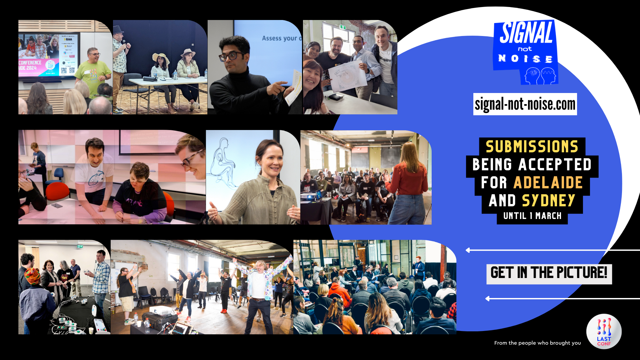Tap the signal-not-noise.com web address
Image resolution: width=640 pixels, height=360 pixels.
coord(525,104)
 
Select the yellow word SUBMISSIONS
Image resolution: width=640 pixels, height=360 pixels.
coord(532,147)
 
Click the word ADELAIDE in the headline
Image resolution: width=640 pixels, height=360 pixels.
coord(548,183)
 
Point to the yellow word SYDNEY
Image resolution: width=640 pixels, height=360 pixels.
coord(548,201)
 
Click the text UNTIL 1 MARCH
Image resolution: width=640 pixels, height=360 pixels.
coord(532,216)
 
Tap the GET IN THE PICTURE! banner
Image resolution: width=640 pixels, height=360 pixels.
coord(549,273)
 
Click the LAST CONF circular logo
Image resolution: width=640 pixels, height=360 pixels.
coord(604,331)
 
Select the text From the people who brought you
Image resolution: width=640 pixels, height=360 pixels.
coord(537,343)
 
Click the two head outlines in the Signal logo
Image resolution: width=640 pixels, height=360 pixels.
coord(540,76)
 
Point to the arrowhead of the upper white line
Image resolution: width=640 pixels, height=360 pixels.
coord(468,250)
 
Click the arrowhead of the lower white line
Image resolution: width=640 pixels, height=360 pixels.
coord(488,299)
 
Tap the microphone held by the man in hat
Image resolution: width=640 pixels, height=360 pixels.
coord(124,43)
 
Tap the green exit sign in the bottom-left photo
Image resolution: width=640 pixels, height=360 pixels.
coord(80,246)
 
